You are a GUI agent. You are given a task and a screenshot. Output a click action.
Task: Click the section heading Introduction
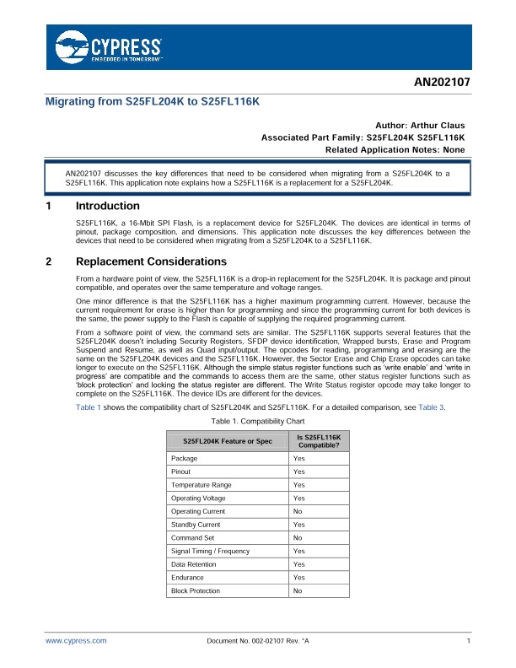coord(108,206)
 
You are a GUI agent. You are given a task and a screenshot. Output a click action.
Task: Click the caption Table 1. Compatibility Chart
coord(258,420)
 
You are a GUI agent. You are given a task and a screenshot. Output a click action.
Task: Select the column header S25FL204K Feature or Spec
coord(222,442)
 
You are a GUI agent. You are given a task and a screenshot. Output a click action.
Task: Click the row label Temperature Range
coord(201,485)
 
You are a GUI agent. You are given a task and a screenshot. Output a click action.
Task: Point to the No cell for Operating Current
coord(298,511)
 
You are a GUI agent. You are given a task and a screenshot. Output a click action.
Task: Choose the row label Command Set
coord(191,537)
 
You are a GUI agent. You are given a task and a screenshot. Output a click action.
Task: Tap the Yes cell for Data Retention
coord(299,564)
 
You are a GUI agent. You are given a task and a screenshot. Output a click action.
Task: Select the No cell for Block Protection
coord(298,590)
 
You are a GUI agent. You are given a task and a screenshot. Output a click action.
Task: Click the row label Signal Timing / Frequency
coord(210,551)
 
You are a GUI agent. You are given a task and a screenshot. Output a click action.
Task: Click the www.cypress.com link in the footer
coord(76,641)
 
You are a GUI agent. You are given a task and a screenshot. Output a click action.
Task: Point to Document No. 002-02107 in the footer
coord(258,641)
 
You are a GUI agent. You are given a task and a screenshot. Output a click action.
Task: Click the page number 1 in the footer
coord(467,641)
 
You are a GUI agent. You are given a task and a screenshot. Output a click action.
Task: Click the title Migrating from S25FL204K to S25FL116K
coord(152,101)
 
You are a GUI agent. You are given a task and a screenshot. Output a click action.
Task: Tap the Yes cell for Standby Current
coord(299,525)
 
